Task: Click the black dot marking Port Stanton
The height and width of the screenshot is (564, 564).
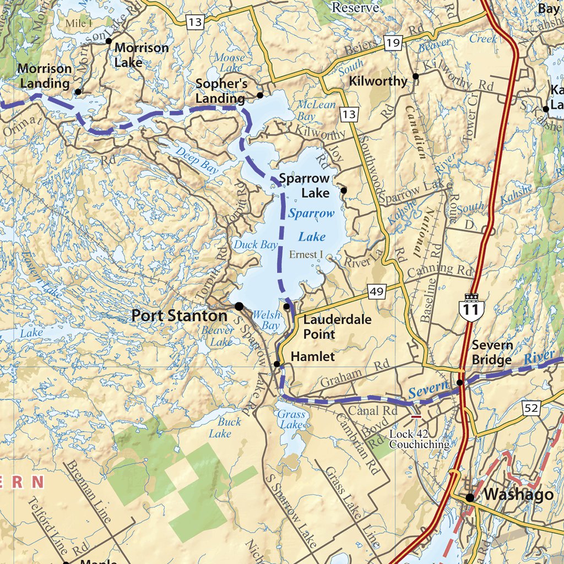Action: [x=239, y=306]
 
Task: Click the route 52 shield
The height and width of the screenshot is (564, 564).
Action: [x=533, y=408]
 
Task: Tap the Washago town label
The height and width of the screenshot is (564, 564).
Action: [x=518, y=495]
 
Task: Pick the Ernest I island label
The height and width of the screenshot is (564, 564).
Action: [x=306, y=255]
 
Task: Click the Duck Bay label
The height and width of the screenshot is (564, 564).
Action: [x=256, y=245]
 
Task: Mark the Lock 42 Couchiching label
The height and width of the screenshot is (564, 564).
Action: [x=419, y=439]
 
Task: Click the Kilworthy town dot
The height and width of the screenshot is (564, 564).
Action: [x=415, y=77]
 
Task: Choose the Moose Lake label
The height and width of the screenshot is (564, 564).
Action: [x=229, y=62]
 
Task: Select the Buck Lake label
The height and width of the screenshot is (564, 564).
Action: [x=225, y=427]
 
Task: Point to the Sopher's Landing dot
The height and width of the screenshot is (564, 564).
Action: [x=260, y=95]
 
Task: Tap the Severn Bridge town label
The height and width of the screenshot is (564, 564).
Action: [x=492, y=352]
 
